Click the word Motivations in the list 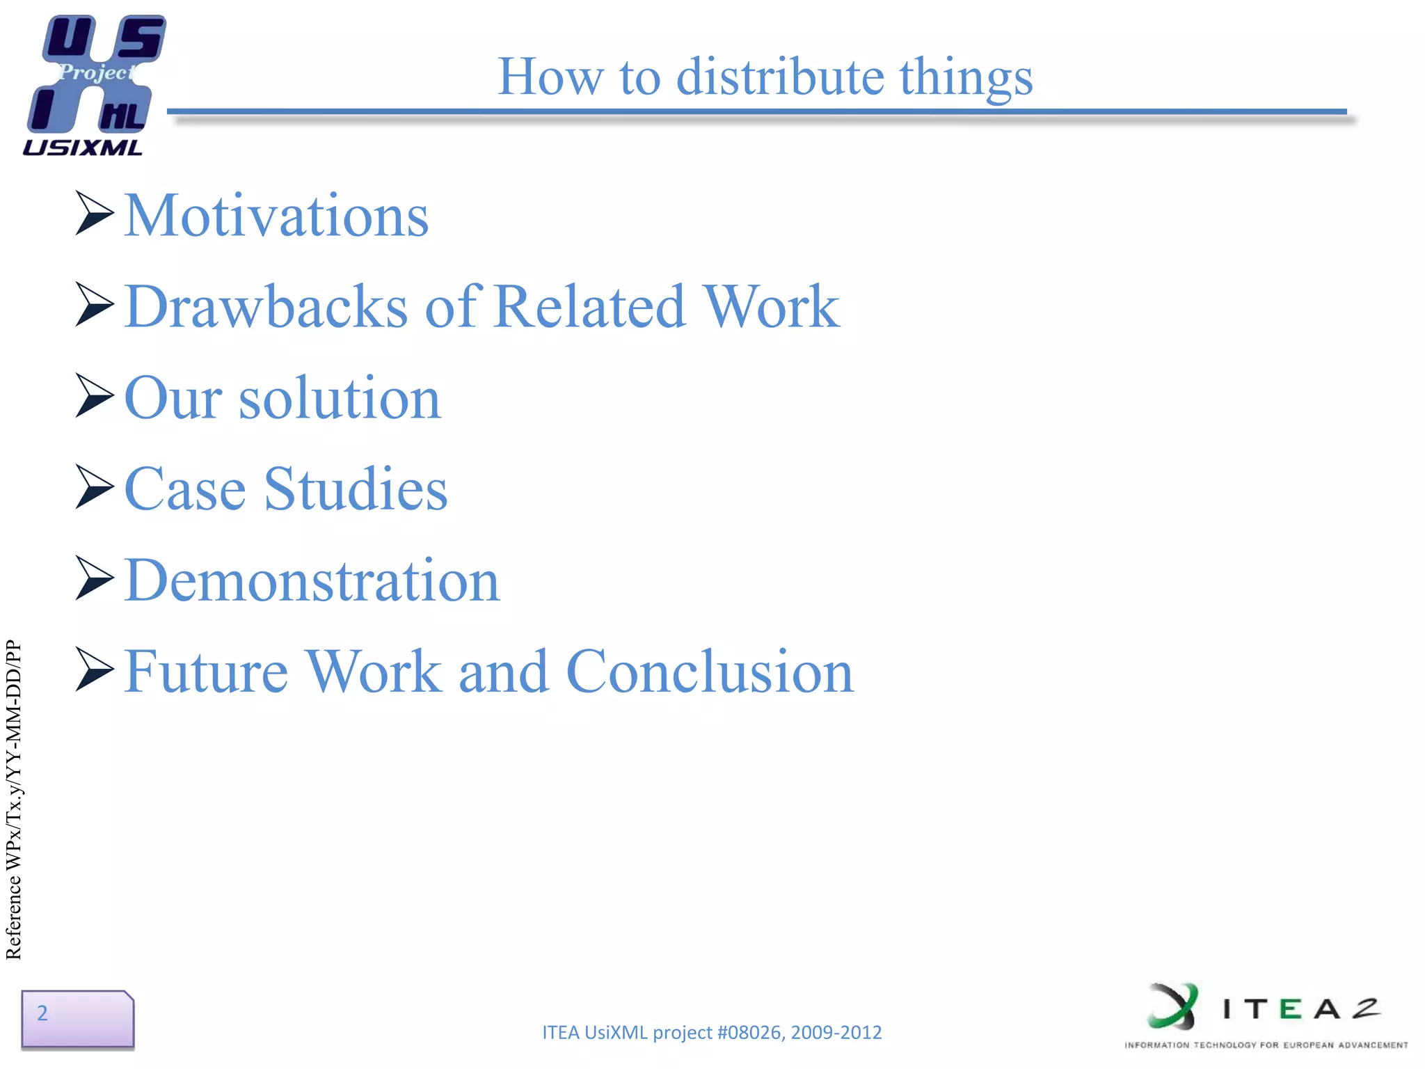tap(276, 216)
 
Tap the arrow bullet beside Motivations tap(94, 213)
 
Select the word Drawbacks tap(266, 307)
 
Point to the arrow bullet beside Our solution tap(94, 395)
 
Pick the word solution tap(340, 398)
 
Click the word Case tap(185, 489)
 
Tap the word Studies tap(356, 489)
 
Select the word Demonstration tap(312, 580)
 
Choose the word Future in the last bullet tap(206, 672)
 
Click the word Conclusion tap(710, 672)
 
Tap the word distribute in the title tap(780, 77)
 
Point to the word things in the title tap(966, 78)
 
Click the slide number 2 tap(42, 1013)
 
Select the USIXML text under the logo tap(82, 148)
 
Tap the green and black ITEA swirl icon tap(1172, 1006)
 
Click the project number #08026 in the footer tap(749, 1032)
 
